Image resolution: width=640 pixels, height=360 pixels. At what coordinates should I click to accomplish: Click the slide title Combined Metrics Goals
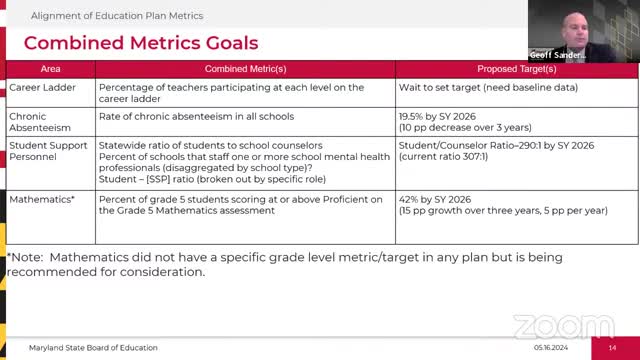(x=141, y=43)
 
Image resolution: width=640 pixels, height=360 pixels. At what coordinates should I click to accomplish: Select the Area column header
(x=50, y=69)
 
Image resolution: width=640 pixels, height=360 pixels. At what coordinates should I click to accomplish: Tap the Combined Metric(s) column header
(x=245, y=69)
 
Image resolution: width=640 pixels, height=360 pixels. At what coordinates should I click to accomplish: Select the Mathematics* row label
(x=42, y=200)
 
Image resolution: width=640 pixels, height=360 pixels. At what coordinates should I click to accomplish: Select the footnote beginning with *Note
(x=284, y=264)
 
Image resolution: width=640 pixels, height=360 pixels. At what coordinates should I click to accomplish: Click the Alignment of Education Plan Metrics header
(x=117, y=15)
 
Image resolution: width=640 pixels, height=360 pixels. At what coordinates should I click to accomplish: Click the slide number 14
(x=613, y=347)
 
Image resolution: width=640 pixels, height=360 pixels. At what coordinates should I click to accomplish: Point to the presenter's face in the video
(x=560, y=22)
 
